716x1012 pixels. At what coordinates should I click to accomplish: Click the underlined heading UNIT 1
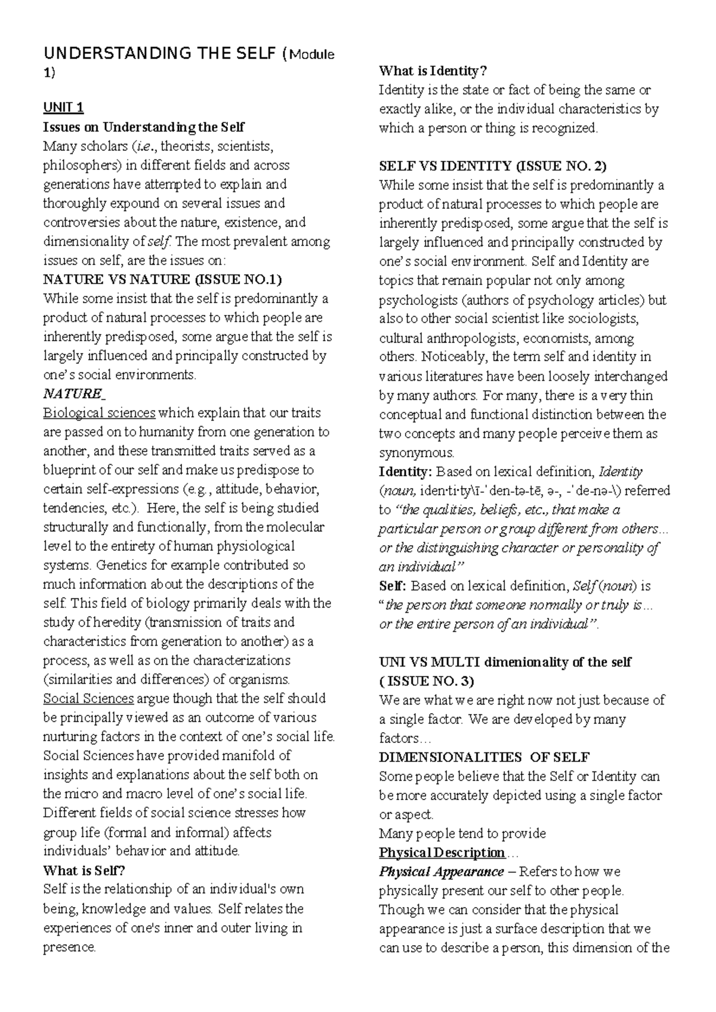point(63,108)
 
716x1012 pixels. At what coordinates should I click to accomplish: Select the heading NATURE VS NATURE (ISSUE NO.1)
point(162,280)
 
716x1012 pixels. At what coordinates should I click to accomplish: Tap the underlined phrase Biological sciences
point(99,413)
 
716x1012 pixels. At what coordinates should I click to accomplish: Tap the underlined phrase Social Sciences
point(88,699)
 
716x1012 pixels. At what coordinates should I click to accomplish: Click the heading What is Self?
point(84,871)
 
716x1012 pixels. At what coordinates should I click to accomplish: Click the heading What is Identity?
point(433,71)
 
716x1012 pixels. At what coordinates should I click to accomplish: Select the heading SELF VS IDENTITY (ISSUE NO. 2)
point(493,166)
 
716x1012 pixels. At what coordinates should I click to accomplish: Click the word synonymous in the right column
point(416,453)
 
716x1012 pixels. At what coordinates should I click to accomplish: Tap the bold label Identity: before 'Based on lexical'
point(405,472)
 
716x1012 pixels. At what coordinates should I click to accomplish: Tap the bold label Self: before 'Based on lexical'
point(393,586)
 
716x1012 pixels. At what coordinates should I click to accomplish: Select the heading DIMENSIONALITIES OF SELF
point(484,758)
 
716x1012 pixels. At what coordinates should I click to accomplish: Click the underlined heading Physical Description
point(442,853)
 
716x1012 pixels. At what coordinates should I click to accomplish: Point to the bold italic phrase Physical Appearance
point(442,872)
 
